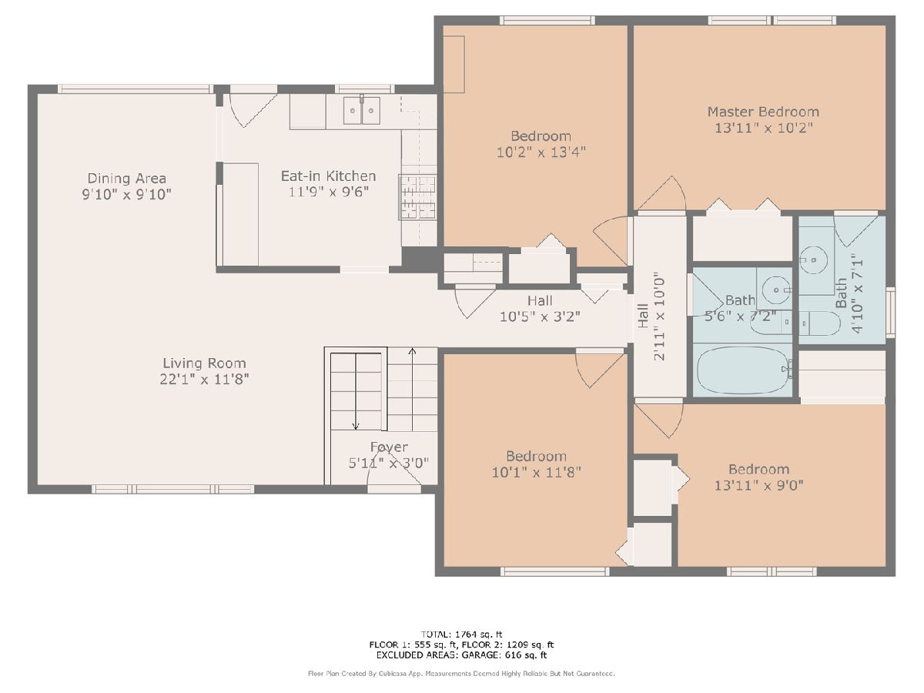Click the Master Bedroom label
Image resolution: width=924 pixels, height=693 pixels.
[x=763, y=112]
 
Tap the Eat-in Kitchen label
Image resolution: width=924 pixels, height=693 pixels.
[x=328, y=176]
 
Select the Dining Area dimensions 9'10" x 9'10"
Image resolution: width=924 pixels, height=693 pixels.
[x=127, y=194]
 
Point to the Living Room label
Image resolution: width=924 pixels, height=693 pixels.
[x=204, y=363]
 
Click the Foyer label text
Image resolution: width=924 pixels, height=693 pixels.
[x=389, y=447]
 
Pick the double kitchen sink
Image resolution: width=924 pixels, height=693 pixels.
[x=362, y=110]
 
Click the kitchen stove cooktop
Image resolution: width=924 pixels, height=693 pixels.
[x=417, y=197]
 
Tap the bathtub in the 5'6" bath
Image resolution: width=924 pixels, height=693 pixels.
[x=742, y=370]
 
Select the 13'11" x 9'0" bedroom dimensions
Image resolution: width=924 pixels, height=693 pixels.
[x=759, y=486]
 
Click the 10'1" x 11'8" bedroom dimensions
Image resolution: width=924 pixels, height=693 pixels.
[x=536, y=473]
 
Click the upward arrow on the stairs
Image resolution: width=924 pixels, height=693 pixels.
[x=412, y=390]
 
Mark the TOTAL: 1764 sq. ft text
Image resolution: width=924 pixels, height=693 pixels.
[x=461, y=634]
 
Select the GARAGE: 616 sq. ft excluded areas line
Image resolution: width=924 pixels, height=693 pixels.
[x=461, y=655]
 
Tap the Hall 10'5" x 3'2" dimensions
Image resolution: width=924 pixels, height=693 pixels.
[x=540, y=316]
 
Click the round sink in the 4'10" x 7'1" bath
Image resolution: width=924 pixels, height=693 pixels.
[x=813, y=260]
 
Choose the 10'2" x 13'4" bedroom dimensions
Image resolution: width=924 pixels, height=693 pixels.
[x=541, y=152]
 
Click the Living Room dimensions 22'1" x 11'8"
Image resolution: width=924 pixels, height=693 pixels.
[x=204, y=380]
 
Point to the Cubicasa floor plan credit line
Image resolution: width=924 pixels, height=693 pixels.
[x=461, y=674]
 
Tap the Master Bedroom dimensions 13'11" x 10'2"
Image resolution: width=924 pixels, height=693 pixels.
[x=764, y=128]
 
